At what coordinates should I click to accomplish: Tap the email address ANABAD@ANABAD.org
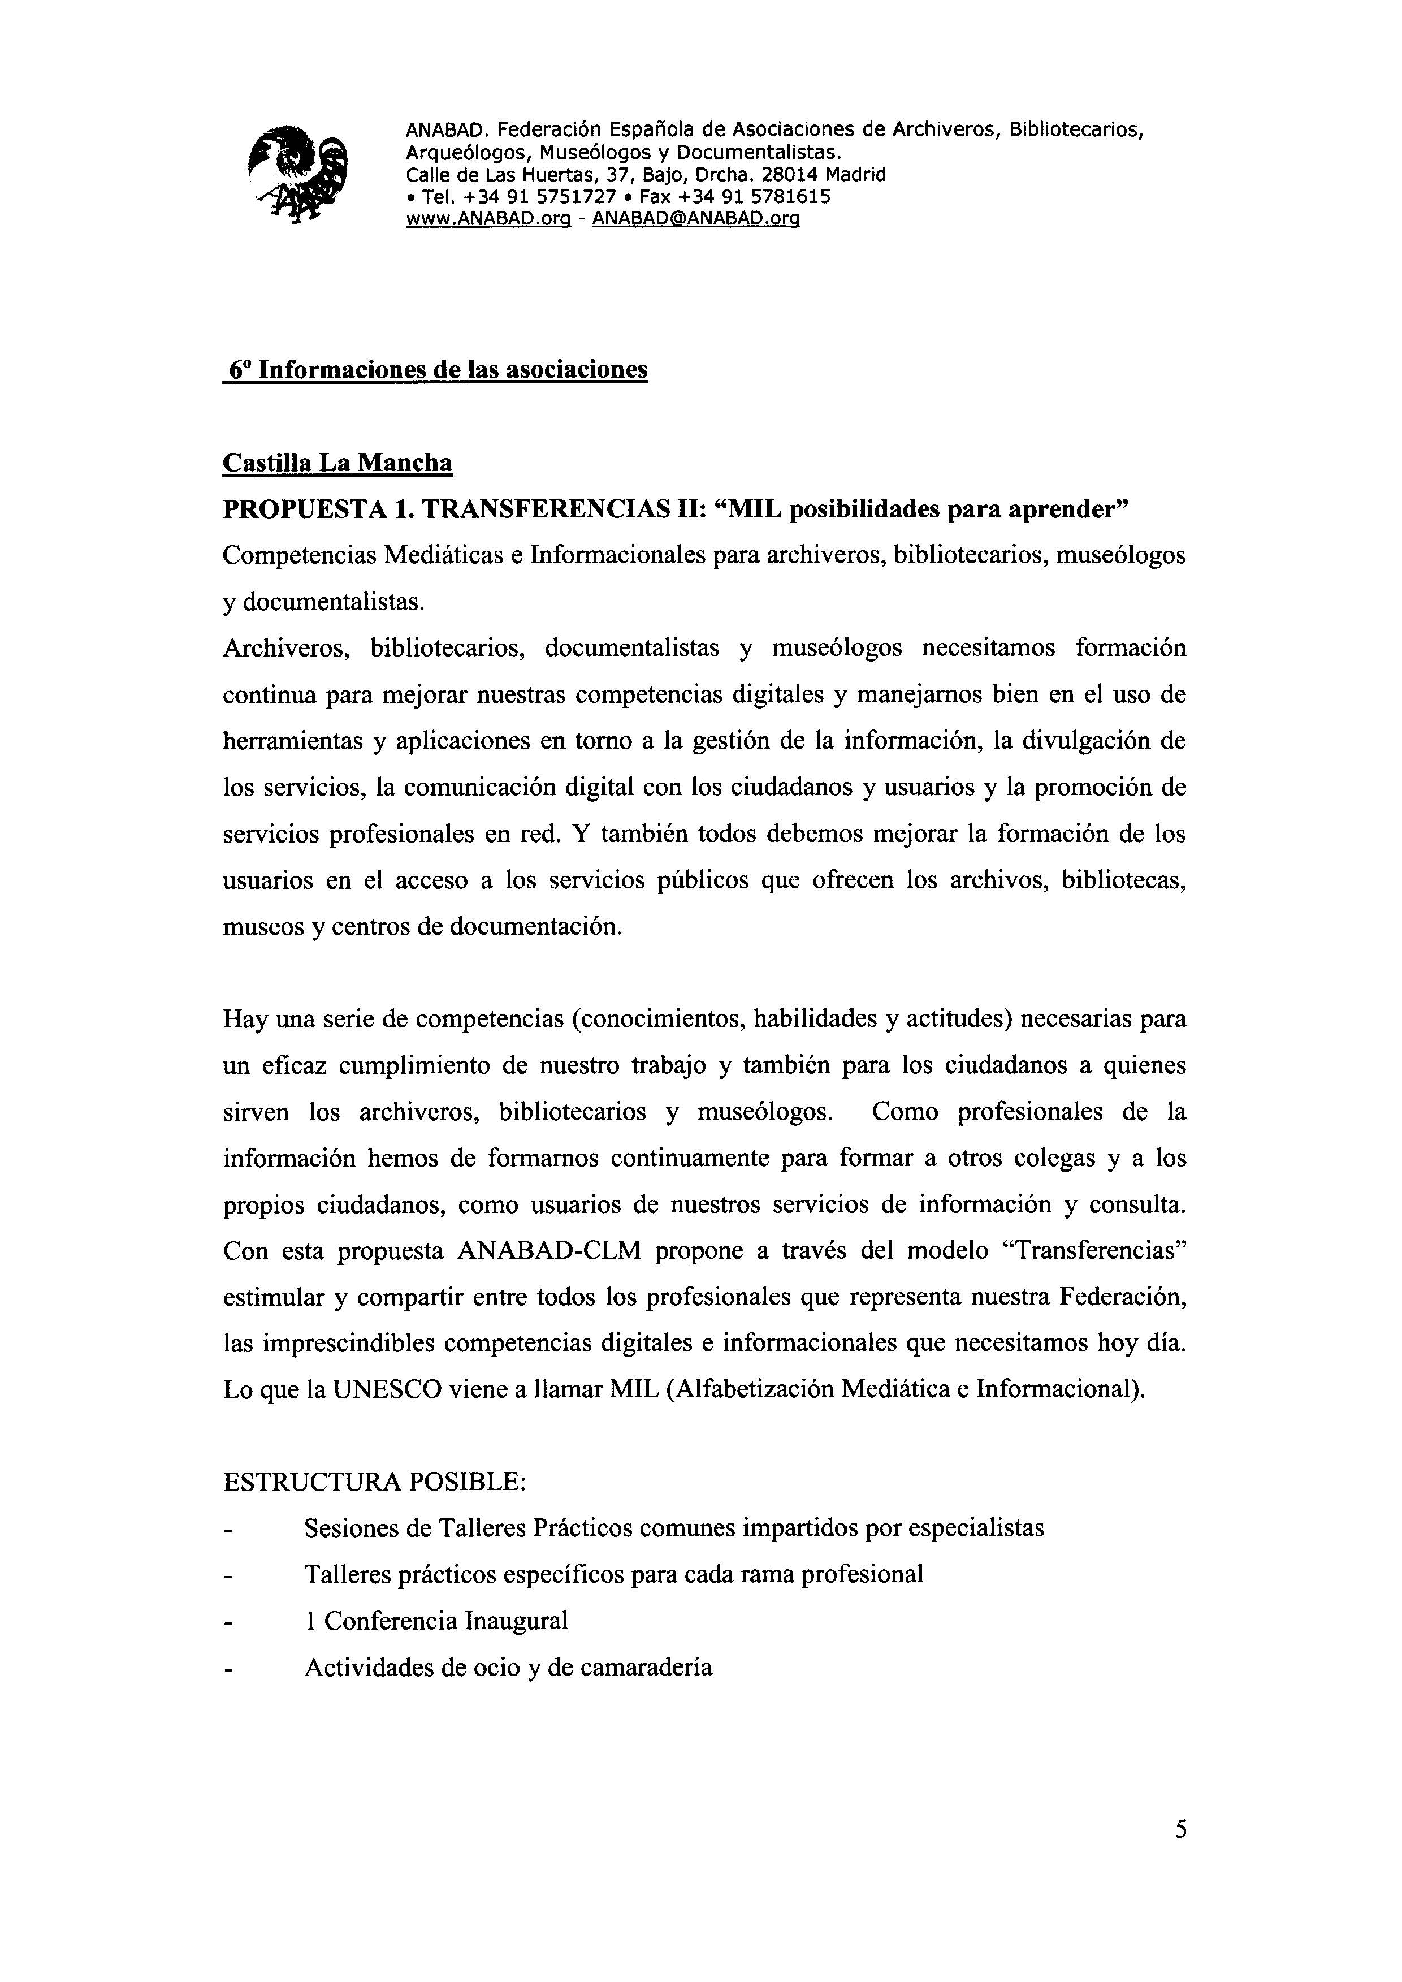coord(696,219)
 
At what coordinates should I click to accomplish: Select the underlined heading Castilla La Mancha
coord(337,463)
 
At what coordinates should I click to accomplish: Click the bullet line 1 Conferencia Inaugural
coord(436,1621)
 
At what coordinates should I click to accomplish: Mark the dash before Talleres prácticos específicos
coord(229,1576)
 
